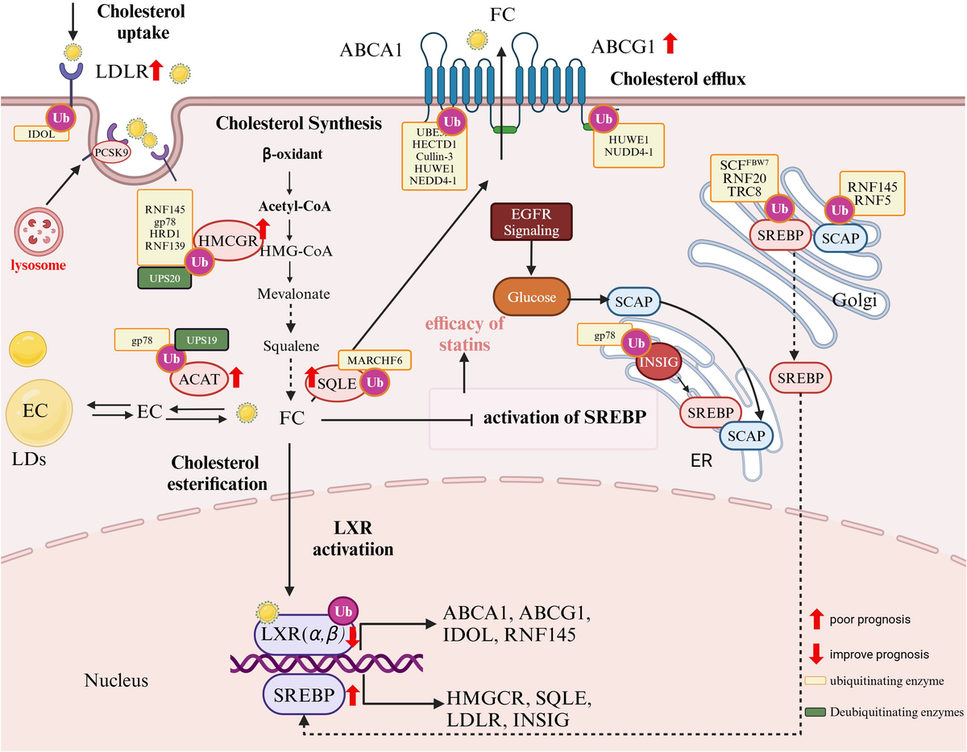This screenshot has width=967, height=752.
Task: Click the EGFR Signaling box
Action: click(x=531, y=221)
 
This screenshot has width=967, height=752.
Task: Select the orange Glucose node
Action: click(x=531, y=297)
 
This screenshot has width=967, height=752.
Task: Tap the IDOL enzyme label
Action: click(x=35, y=134)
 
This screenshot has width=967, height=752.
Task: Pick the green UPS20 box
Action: click(x=164, y=278)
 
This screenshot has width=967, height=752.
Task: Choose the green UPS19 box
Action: click(x=201, y=339)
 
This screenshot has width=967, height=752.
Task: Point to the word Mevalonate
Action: click(x=294, y=293)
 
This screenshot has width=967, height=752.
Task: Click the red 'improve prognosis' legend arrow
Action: click(x=816, y=652)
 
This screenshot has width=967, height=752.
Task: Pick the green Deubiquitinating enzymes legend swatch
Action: click(x=816, y=713)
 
